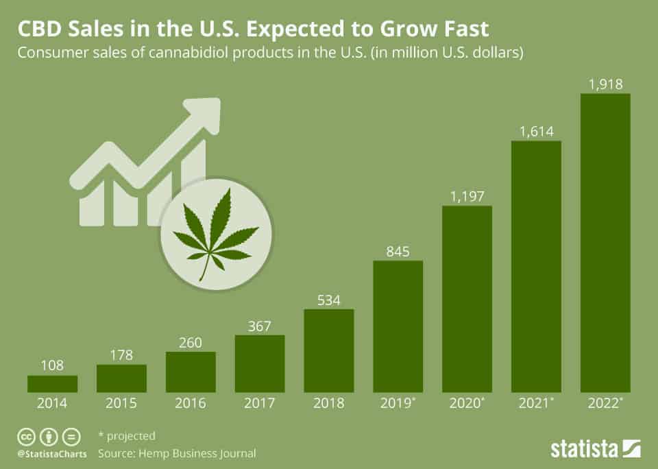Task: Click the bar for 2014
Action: click(53, 383)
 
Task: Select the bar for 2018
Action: click(329, 350)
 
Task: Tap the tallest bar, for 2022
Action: click(605, 243)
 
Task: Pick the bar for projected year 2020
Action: click(467, 299)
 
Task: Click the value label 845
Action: click(398, 252)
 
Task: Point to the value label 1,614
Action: click(536, 132)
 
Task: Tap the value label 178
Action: click(121, 355)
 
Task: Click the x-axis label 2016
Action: click(191, 404)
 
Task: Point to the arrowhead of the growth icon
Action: click(206, 112)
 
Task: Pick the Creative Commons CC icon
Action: click(25, 436)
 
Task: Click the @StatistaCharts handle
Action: click(52, 453)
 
